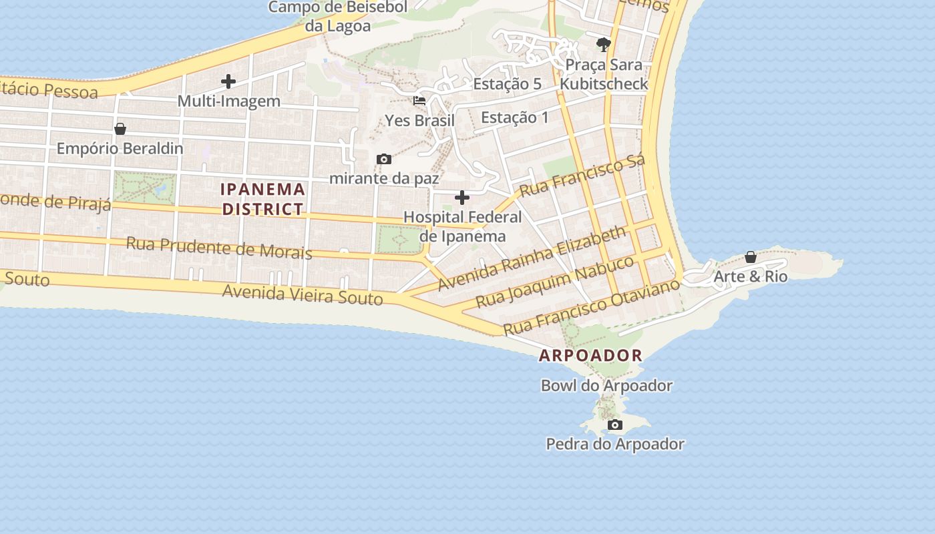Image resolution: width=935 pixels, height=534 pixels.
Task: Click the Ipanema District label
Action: [263, 199]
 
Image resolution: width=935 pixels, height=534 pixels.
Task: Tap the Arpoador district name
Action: [590, 355]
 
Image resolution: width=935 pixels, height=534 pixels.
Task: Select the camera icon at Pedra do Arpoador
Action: [615, 425]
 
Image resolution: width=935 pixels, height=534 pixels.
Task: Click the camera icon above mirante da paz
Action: [384, 159]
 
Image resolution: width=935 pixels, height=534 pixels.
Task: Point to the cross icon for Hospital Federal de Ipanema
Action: [462, 198]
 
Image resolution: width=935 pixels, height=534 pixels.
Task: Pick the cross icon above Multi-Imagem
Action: [228, 82]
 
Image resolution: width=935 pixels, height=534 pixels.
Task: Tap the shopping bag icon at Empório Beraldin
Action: [120, 129]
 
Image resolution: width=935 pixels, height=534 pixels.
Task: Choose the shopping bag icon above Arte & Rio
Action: [751, 257]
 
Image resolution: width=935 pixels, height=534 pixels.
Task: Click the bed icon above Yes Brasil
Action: [419, 101]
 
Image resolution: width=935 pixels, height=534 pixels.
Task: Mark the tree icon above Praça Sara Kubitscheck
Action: [604, 45]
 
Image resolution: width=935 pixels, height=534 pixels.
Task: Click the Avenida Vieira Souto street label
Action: [303, 294]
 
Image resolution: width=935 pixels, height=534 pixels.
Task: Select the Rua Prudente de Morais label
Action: [219, 247]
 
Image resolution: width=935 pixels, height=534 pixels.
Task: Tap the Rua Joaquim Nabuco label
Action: [554, 282]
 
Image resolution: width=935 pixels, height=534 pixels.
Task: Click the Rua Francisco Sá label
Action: [582, 175]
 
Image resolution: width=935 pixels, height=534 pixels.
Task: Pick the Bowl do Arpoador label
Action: [606, 386]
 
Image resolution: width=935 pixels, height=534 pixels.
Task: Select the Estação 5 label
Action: [508, 84]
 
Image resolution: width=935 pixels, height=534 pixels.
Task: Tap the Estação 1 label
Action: [515, 117]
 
